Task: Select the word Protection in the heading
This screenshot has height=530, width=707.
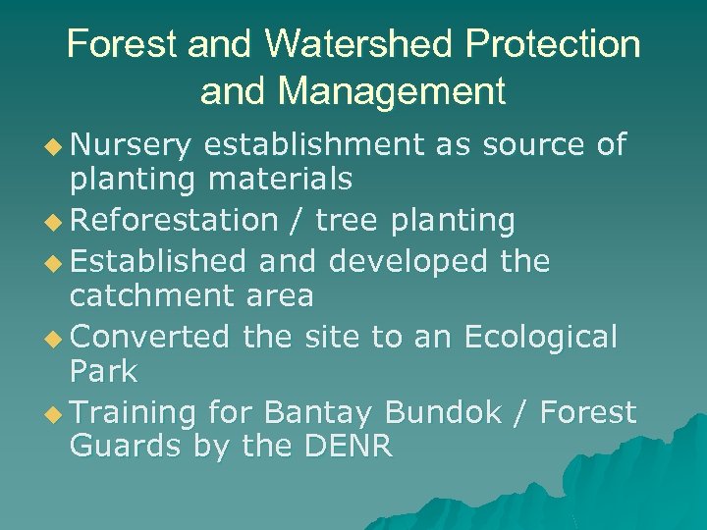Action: [x=557, y=45]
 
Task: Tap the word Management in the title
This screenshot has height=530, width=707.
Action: [x=392, y=91]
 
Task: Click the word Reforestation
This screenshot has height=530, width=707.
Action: [x=175, y=221]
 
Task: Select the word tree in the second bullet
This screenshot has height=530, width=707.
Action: [x=350, y=221]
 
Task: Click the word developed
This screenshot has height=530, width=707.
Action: [x=408, y=260]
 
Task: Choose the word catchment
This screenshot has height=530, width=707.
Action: [x=148, y=296]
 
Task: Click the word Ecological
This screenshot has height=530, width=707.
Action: [x=541, y=337]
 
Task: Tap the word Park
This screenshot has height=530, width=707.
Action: [x=104, y=373]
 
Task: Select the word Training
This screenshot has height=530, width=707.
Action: [x=135, y=413]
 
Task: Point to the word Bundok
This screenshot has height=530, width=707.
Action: [x=449, y=413]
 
